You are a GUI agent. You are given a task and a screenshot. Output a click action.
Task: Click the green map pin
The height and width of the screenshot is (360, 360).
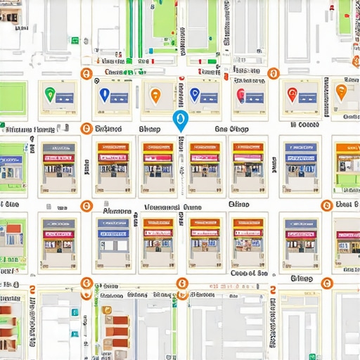pos(49,93)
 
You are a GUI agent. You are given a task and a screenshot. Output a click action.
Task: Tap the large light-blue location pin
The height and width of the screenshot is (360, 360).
pos(179,120)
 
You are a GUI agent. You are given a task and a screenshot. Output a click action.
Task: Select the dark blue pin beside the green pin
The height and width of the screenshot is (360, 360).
pos(104,94)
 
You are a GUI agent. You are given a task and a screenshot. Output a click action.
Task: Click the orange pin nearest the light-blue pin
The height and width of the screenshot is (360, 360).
pos(155,95)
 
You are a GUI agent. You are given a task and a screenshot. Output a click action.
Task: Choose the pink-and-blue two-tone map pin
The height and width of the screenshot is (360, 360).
pos(240,95)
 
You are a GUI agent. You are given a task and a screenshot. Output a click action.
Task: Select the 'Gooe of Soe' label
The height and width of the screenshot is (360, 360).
pos(248,274)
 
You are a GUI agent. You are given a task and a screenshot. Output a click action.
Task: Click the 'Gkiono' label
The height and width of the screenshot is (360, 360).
pos(300,278)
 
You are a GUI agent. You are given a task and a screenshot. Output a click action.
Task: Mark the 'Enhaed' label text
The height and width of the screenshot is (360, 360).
pos(108,129)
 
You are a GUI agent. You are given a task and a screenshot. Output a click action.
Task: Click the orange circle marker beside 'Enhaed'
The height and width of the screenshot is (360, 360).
pos(86,129)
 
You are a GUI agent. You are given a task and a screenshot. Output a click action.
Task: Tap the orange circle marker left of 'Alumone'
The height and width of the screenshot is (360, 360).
pos(86,206)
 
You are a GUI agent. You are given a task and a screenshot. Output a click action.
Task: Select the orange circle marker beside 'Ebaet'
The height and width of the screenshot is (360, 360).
pos(326,205)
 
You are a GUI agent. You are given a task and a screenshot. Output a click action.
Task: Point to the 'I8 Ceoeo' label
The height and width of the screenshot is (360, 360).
pos(304,125)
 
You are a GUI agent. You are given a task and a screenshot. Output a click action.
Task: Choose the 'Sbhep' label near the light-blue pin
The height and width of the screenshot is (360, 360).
pos(149,129)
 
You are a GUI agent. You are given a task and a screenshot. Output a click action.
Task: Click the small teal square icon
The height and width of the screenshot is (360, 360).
pos(75,311)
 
